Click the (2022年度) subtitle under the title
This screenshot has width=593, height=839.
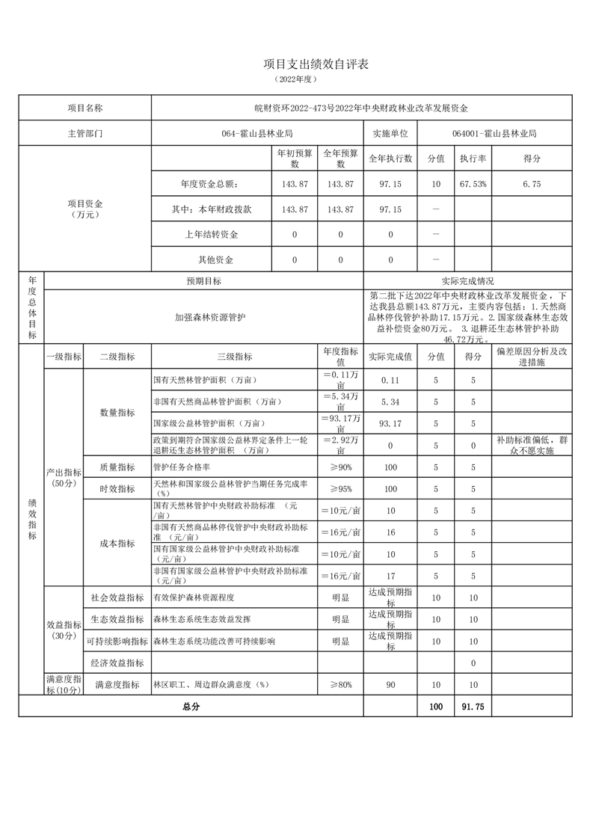(296, 79)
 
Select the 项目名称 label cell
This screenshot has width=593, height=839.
(85, 108)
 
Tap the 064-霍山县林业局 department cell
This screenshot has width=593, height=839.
(256, 134)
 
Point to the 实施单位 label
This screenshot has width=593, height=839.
(390, 134)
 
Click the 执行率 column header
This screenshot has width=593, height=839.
(473, 159)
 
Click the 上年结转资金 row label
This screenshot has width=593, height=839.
(212, 235)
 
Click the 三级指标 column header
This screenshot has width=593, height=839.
(234, 357)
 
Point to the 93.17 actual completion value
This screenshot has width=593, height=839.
(390, 423)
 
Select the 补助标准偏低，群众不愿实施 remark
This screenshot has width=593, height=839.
(532, 446)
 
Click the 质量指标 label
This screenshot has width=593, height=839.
(117, 467)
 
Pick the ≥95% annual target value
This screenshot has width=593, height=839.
(340, 489)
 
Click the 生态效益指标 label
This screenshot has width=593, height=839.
(117, 619)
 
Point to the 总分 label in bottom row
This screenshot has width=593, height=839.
(191, 706)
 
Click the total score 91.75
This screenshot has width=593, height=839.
(473, 706)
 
